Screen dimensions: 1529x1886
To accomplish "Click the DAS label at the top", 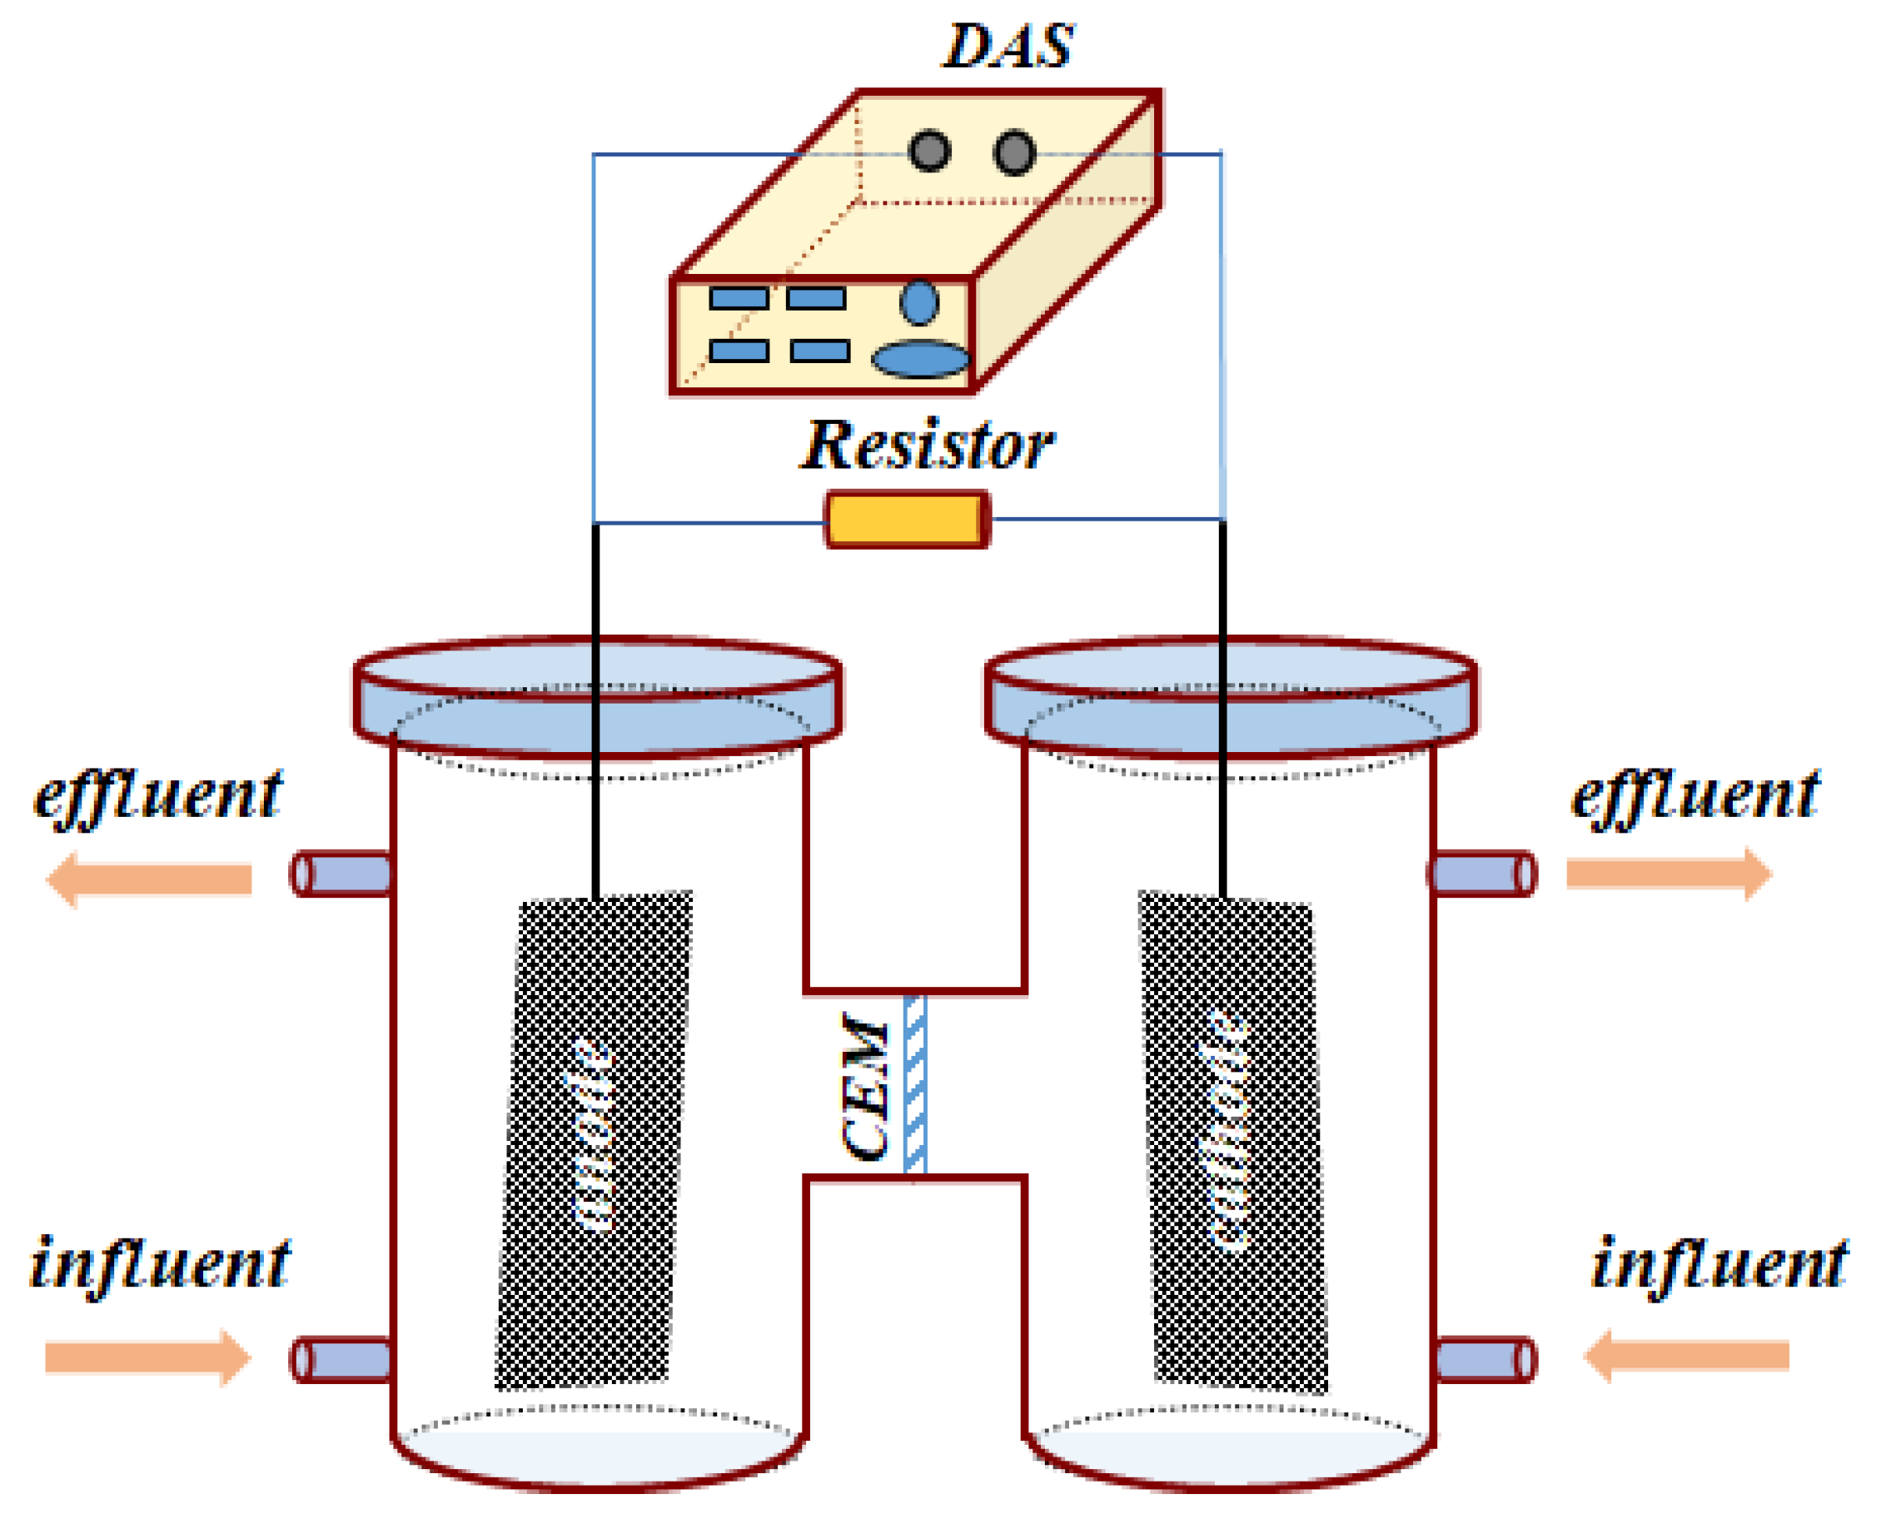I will click(1008, 46).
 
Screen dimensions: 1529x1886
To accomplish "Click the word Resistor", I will click(927, 446).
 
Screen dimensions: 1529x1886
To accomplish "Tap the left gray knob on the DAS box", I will click(930, 151).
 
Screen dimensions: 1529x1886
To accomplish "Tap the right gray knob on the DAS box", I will click(1014, 152).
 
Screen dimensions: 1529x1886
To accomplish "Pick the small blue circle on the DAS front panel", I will click(919, 302).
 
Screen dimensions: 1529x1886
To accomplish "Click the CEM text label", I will click(864, 1086).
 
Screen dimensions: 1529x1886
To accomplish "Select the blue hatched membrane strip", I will click(915, 1085).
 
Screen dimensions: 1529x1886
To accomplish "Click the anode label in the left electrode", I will click(592, 1137).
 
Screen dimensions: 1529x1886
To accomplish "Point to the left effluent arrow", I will click(150, 879).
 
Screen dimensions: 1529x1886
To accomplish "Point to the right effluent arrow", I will click(1669, 874).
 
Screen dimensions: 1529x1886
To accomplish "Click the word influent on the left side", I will click(158, 1266).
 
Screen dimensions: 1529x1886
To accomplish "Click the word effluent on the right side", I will click(1695, 796).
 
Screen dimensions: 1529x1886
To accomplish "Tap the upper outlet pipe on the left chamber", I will click(341, 874).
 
